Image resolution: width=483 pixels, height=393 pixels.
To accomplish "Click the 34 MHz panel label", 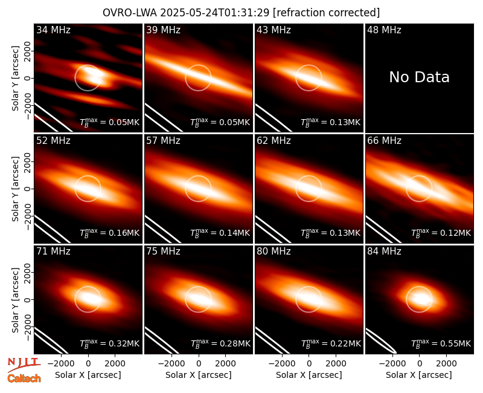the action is pyautogui.click(x=53, y=30).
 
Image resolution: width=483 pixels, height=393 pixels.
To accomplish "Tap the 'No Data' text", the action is pyautogui.click(x=419, y=77).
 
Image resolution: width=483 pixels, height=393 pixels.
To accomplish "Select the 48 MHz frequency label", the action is pyautogui.click(x=384, y=30).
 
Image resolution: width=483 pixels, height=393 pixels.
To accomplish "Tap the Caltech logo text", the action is pyautogui.click(x=24, y=378).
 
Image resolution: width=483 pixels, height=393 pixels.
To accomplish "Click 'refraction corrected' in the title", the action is pyautogui.click(x=327, y=13).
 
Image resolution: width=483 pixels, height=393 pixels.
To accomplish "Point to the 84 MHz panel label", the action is pyautogui.click(x=384, y=252).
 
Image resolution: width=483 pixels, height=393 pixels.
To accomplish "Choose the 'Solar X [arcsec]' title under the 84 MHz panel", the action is pyautogui.click(x=419, y=375).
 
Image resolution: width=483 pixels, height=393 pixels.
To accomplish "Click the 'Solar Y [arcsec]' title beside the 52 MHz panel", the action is pyautogui.click(x=15, y=189).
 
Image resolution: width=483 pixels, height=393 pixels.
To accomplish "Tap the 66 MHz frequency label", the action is pyautogui.click(x=384, y=141).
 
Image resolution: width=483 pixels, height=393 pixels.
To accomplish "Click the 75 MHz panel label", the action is pyautogui.click(x=163, y=252).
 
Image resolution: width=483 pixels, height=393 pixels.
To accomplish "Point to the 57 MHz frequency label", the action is pyautogui.click(x=163, y=141).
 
